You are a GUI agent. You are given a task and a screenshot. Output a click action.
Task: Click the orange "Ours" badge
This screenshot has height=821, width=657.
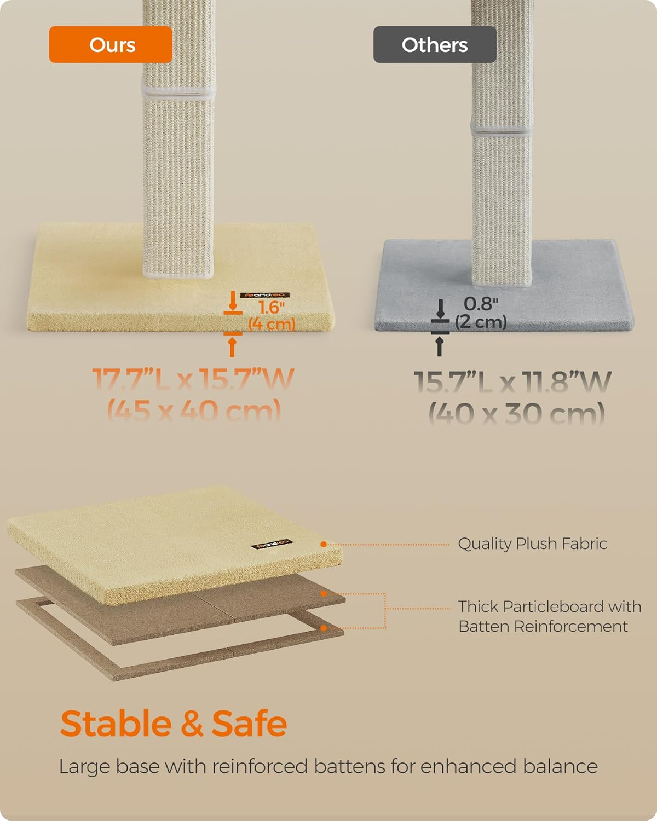coord(111,45)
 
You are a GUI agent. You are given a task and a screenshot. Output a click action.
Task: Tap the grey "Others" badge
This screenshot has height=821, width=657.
coord(435,45)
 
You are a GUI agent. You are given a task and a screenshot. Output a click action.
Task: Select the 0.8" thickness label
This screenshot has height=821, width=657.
coord(481,304)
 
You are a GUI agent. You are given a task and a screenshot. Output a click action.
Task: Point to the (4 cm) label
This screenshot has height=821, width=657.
coord(272,323)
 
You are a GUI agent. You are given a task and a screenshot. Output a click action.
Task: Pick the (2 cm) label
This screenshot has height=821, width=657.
coord(481,321)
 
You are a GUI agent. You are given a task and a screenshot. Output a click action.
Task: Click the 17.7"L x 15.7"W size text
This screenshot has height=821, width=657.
coord(193,380)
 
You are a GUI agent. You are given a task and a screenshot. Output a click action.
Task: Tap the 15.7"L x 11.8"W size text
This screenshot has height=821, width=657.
coord(512,382)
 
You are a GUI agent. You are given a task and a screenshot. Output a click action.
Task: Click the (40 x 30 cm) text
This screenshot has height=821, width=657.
coord(516,413)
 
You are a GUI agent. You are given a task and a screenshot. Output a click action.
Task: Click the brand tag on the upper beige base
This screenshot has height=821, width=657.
coord(264,296)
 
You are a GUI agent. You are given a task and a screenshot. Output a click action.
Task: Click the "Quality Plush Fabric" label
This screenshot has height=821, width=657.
coord(532,544)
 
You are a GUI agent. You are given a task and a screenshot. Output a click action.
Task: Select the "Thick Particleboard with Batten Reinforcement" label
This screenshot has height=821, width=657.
coord(549,616)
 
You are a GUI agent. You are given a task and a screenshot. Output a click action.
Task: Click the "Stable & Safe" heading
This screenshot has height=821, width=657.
coord(174,724)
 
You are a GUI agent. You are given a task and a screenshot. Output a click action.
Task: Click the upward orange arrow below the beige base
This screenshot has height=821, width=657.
coord(232,346)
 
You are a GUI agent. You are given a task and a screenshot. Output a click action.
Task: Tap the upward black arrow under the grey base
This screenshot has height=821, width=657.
coord(439,346)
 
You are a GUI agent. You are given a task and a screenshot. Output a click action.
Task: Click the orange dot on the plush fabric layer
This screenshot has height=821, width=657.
coord(324,545)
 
